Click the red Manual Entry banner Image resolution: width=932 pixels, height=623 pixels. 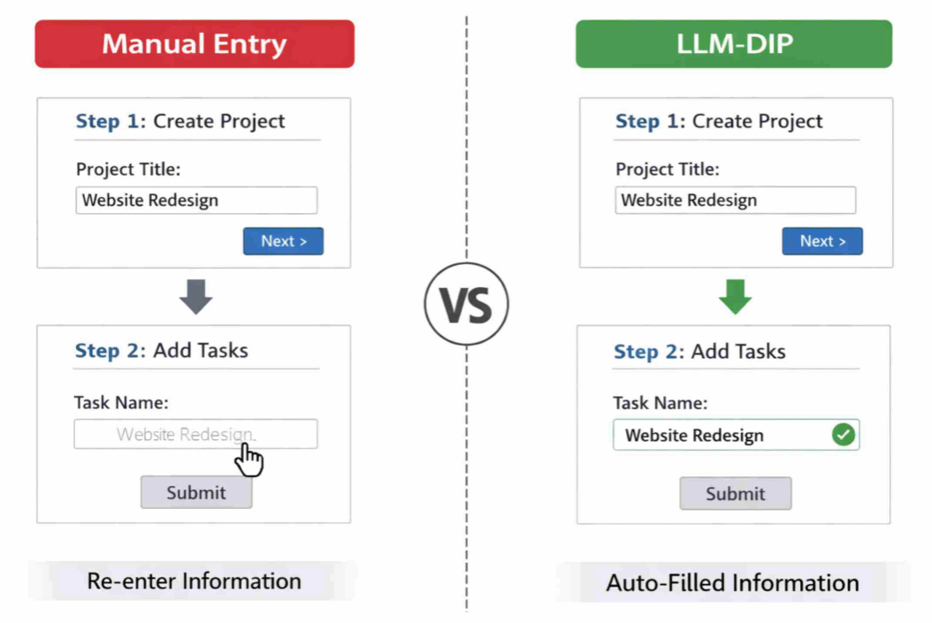(x=195, y=44)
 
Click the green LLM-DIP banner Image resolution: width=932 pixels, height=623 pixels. (x=733, y=44)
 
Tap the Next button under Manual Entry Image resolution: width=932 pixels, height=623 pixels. (x=284, y=241)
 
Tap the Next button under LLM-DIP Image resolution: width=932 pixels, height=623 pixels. (x=822, y=241)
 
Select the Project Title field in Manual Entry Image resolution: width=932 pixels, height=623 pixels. (x=196, y=200)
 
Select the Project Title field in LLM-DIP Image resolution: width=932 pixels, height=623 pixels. (x=736, y=200)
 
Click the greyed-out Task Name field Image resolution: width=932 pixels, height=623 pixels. (x=195, y=434)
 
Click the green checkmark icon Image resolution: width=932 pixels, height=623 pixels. (x=844, y=435)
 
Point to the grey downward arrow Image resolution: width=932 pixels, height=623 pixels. (x=196, y=296)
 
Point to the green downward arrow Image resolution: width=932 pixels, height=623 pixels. (x=736, y=296)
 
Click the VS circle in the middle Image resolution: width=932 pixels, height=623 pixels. (x=467, y=304)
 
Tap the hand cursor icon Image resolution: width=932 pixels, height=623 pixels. (x=248, y=460)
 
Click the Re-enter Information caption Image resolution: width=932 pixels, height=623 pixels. (x=194, y=581)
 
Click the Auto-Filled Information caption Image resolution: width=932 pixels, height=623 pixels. (x=732, y=582)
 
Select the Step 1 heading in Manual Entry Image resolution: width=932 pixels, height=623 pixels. (x=180, y=121)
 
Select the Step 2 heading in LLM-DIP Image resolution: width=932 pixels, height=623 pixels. (x=699, y=351)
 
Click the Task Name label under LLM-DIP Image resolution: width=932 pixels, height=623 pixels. (x=661, y=403)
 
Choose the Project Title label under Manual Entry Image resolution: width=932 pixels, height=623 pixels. (x=128, y=170)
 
